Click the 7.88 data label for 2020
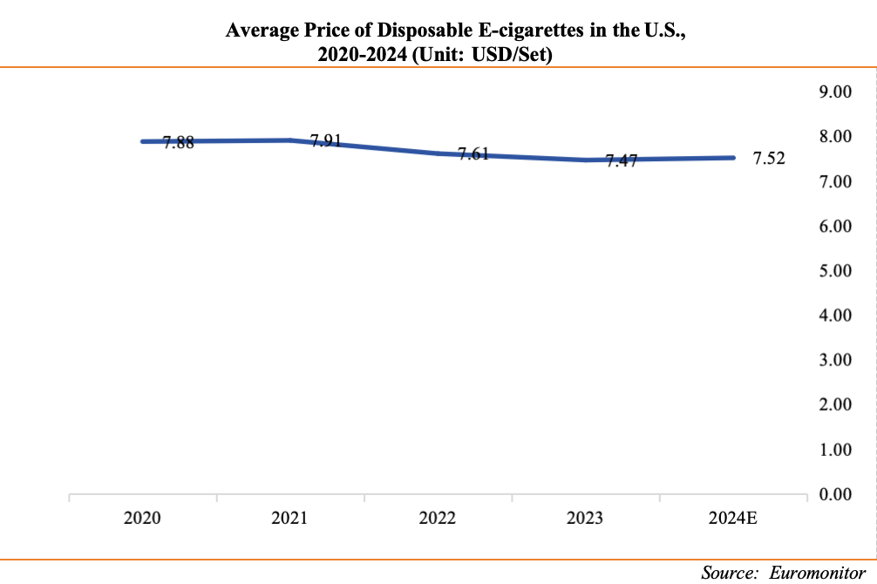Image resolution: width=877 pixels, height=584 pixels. coord(179,143)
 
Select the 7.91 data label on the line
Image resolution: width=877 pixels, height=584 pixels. coord(326,140)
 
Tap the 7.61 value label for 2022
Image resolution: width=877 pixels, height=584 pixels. coord(473,157)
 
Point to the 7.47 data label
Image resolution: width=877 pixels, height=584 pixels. coord(622,162)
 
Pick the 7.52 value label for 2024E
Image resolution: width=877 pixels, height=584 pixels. coord(769,159)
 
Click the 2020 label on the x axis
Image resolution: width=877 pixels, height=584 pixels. coord(141,519)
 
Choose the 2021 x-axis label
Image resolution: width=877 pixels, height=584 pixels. coord(289,519)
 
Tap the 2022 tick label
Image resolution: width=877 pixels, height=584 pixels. coord(437,519)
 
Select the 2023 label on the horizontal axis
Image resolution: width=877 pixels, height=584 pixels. coord(585,519)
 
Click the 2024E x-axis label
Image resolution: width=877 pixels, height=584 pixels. coord(733,519)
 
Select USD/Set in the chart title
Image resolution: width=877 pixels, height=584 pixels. coord(518,54)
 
